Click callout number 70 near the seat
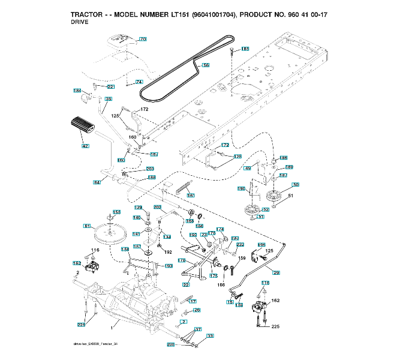[x=143, y=40]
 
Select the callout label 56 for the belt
[x=206, y=65]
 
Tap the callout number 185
[x=245, y=49]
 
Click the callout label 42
[x=85, y=146]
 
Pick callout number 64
[x=97, y=182]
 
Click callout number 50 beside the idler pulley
[x=295, y=185]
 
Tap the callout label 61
[x=86, y=226]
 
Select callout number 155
[x=117, y=212]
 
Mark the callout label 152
[x=77, y=263]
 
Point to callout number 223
[x=81, y=325]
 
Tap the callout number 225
[x=275, y=326]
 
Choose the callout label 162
[x=275, y=301]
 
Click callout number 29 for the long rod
[x=276, y=274]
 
